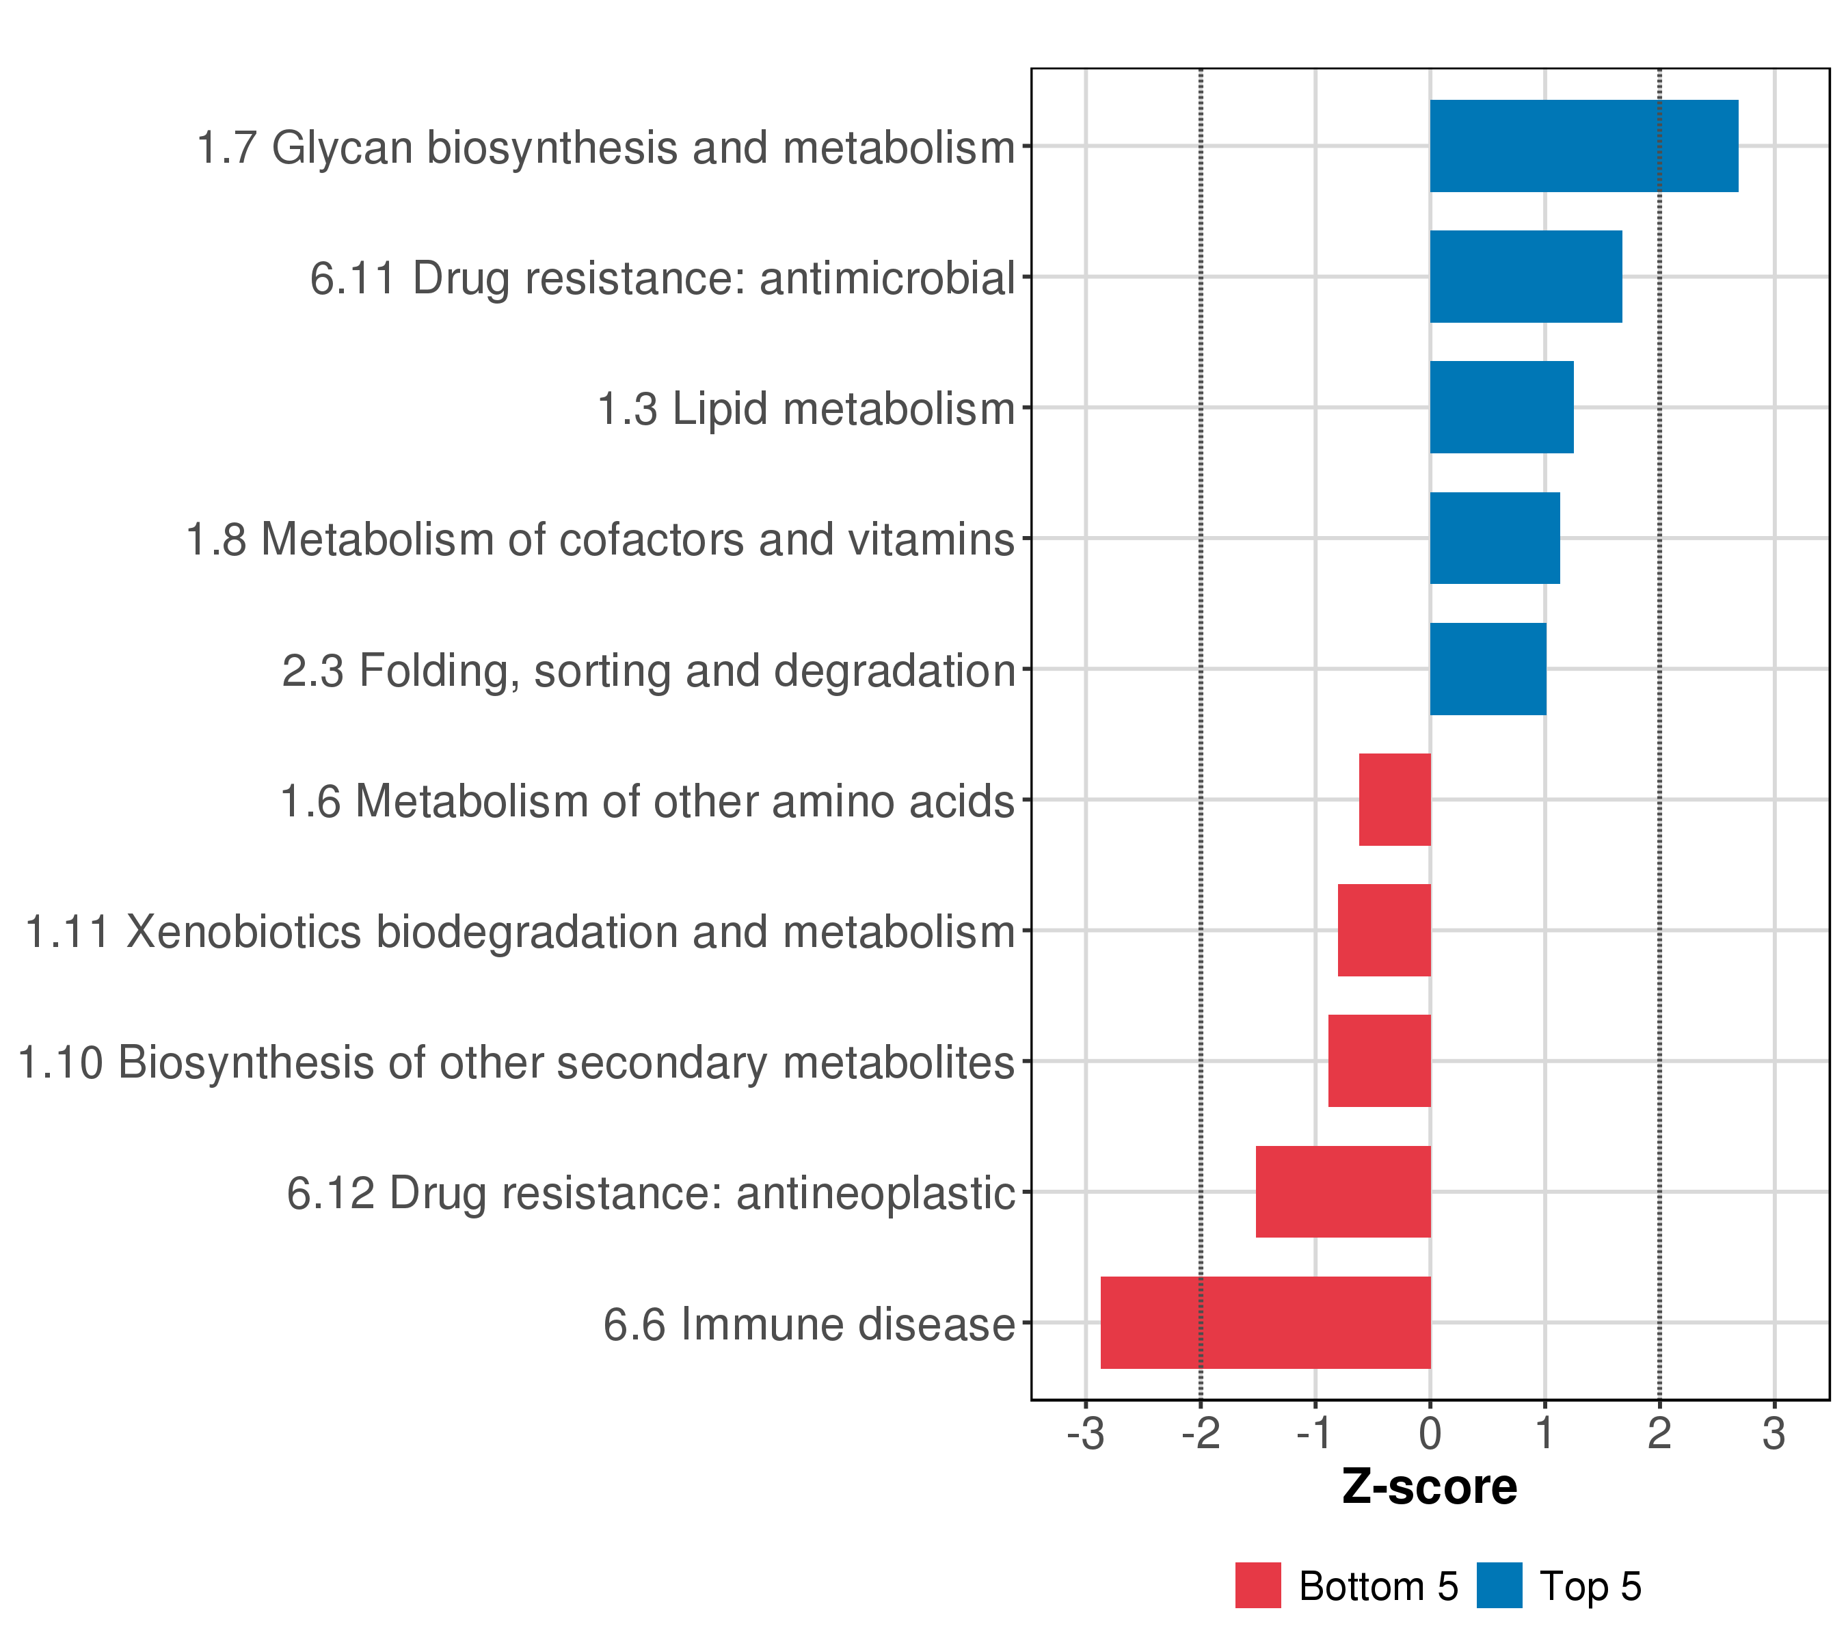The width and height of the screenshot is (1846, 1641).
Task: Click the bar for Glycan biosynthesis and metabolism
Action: (x=1583, y=146)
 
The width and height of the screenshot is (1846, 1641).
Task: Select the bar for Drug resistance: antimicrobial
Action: (x=1525, y=276)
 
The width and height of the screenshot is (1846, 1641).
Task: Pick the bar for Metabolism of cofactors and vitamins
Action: (x=1495, y=538)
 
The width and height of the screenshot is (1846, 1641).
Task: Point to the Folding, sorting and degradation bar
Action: (x=1488, y=669)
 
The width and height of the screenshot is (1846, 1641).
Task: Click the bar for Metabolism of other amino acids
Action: (x=1395, y=799)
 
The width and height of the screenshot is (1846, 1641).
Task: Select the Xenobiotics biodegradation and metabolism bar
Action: (x=1384, y=930)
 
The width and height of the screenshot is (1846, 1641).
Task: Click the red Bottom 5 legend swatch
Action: (x=1258, y=1585)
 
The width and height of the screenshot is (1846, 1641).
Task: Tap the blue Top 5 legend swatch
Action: (x=1499, y=1585)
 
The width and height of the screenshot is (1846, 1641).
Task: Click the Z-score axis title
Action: (x=1430, y=1486)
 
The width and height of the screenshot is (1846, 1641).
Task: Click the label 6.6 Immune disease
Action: (x=810, y=1324)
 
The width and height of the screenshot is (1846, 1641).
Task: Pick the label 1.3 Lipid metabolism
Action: (x=807, y=408)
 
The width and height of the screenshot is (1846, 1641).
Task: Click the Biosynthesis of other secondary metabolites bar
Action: (x=1379, y=1060)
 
